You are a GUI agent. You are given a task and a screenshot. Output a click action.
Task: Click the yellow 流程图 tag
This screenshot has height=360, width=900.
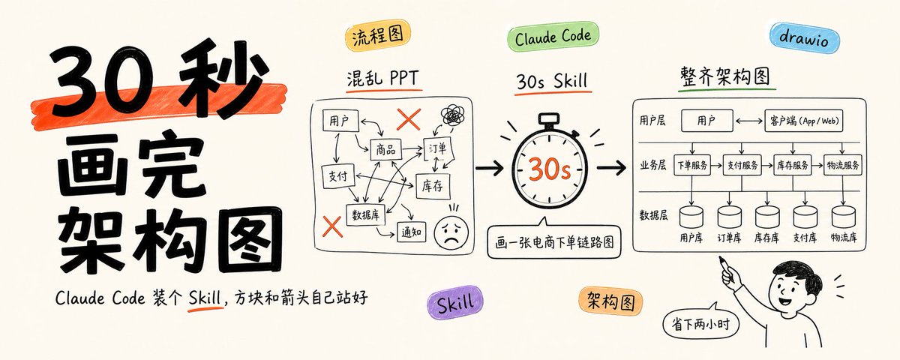[378, 35]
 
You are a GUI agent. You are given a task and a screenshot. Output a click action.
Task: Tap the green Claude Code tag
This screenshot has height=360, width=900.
[553, 37]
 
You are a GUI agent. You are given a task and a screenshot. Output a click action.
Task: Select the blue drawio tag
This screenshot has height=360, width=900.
[804, 37]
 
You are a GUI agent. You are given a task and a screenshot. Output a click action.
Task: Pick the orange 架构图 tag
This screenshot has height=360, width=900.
[610, 301]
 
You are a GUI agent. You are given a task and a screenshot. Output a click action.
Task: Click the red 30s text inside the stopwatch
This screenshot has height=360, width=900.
[550, 169]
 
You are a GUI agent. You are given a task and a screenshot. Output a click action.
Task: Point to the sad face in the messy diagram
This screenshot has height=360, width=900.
[451, 233]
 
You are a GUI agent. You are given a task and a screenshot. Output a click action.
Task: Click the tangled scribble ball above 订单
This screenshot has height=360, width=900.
[453, 115]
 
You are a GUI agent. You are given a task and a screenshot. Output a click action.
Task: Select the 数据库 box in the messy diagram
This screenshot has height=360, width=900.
[366, 215]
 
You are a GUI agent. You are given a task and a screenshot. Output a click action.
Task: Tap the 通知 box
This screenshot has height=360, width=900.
[412, 232]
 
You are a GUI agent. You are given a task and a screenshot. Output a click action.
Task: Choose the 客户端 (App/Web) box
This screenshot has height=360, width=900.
[803, 121]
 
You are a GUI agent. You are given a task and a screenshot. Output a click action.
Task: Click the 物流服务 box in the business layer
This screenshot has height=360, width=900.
[842, 165]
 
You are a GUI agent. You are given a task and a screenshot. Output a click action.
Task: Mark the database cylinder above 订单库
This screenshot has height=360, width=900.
[730, 217]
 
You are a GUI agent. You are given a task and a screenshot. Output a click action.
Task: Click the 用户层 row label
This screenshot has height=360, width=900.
[652, 121]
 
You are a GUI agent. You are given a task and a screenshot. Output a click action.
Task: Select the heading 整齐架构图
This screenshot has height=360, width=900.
[724, 76]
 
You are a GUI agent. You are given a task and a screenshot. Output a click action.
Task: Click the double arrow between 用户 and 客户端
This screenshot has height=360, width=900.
[749, 121]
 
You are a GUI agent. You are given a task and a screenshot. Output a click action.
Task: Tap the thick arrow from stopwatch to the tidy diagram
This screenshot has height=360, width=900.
[611, 167]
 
